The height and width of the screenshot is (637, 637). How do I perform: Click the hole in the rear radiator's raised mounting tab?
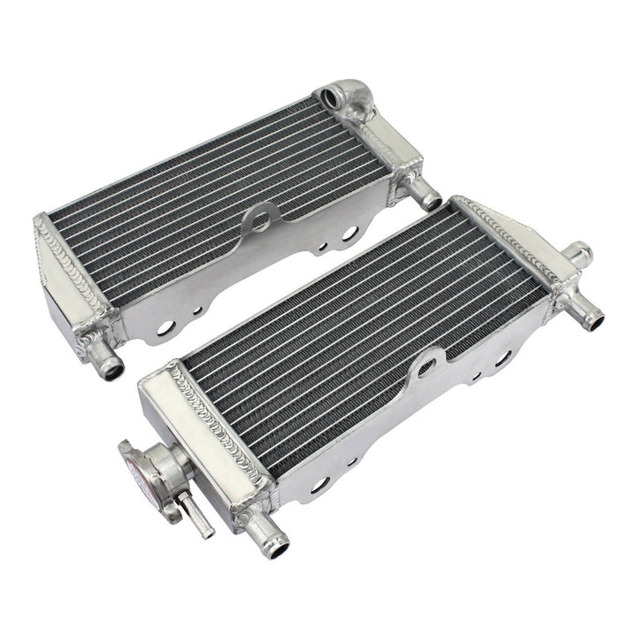tap(261, 222)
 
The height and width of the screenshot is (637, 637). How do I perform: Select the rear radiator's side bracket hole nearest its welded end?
tap(165, 328)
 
